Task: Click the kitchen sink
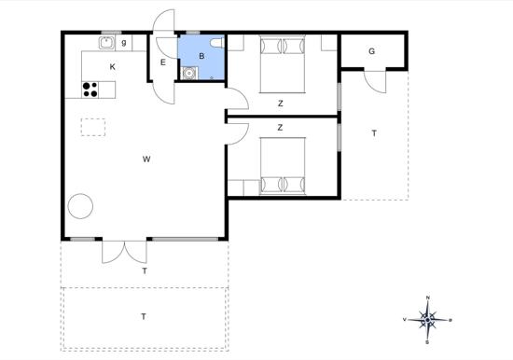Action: pyautogui.click(x=106, y=43)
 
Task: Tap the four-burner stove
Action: pyautogui.click(x=90, y=90)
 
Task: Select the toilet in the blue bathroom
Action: pyautogui.click(x=217, y=43)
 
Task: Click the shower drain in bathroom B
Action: pyautogui.click(x=212, y=77)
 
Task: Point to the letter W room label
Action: pyautogui.click(x=146, y=159)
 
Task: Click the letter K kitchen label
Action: pyautogui.click(x=113, y=67)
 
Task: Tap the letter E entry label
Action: pyautogui.click(x=163, y=62)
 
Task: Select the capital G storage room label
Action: pyautogui.click(x=371, y=51)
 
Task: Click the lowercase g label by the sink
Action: pyautogui.click(x=124, y=43)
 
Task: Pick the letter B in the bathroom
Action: pyautogui.click(x=201, y=56)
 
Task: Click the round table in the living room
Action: pyautogui.click(x=80, y=206)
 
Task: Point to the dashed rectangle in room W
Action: pyautogui.click(x=93, y=127)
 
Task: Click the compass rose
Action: pyautogui.click(x=427, y=320)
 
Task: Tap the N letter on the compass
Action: pyautogui.click(x=427, y=298)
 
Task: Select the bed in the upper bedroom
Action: pyautogui.click(x=283, y=64)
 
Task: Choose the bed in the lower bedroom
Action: pyautogui.click(x=283, y=166)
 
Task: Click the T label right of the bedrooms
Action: pyautogui.click(x=374, y=133)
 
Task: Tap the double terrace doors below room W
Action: pyautogui.click(x=124, y=252)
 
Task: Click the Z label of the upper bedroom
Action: pyautogui.click(x=281, y=104)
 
